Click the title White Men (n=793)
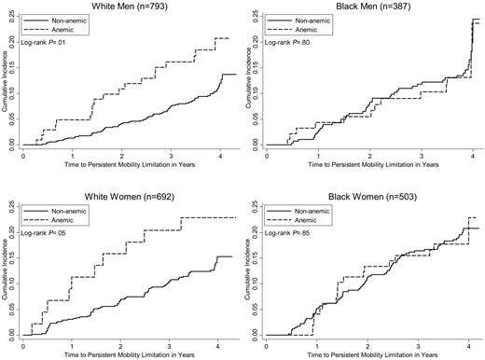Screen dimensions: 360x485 point(123,7)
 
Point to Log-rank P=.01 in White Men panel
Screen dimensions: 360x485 point(48,43)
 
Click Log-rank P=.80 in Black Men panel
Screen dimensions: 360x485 point(291,43)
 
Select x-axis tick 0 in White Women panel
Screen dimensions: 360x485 point(22,342)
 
